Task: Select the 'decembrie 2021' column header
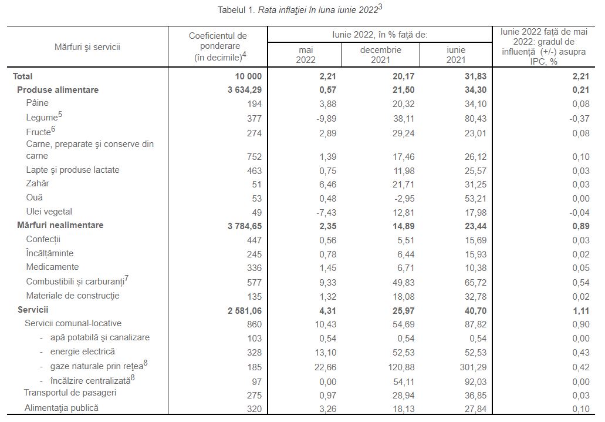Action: tap(380, 55)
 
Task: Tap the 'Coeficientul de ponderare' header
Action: tap(218, 46)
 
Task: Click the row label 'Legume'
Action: tap(42, 118)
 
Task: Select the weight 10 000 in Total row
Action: tap(247, 76)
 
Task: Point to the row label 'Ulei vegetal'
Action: tap(49, 212)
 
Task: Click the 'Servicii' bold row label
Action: tap(33, 309)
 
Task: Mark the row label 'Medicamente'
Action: tap(52, 267)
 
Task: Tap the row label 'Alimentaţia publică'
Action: tap(61, 408)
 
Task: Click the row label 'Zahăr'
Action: tap(38, 184)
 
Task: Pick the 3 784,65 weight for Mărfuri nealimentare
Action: tap(241, 225)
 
